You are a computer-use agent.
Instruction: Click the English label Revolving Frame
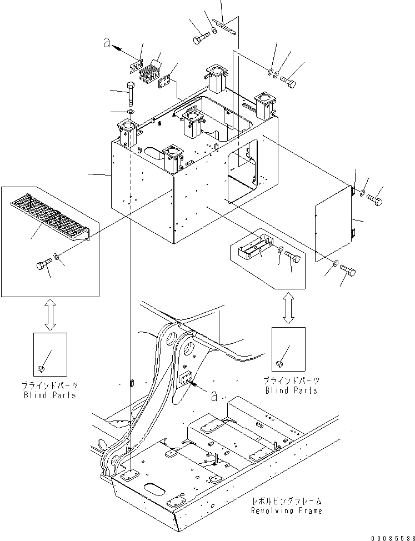(x=286, y=510)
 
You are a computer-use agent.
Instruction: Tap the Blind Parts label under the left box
(x=50, y=395)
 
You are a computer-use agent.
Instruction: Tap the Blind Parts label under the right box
(x=291, y=390)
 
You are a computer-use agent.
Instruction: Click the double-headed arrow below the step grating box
(x=49, y=314)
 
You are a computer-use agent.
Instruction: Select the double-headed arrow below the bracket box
(x=288, y=308)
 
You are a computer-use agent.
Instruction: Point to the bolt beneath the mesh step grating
(x=43, y=266)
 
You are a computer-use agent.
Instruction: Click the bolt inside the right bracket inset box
(x=292, y=257)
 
